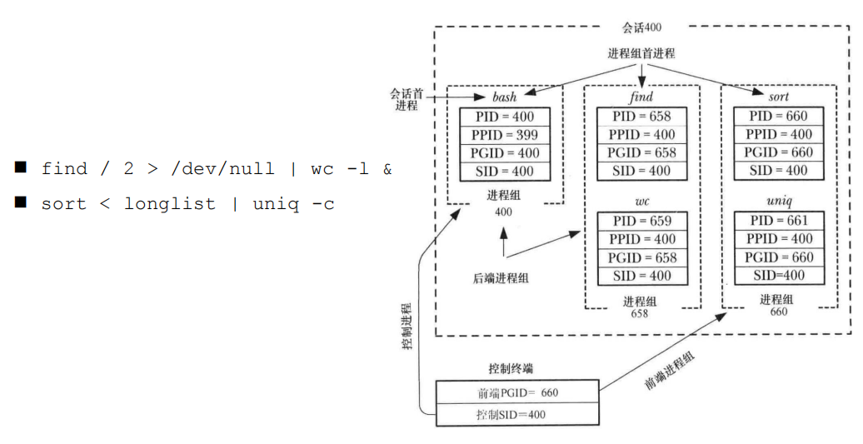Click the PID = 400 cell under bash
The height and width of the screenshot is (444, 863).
pos(505,117)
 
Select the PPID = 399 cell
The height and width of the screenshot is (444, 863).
pos(505,135)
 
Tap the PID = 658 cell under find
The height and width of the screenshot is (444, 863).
pos(641,117)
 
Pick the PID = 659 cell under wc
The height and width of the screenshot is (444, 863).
pos(641,222)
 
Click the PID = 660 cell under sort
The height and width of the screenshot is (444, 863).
pos(778,117)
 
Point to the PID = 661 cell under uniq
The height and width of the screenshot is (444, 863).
pos(778,222)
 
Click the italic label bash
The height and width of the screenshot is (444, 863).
pos(505,97)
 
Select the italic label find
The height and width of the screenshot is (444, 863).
pos(641,97)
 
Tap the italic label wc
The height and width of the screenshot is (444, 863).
pos(641,202)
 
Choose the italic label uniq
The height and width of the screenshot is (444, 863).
pos(778,202)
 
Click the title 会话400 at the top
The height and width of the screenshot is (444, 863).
pos(641,27)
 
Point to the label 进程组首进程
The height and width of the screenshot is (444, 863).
pos(641,53)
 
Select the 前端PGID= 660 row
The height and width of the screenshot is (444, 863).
pos(516,392)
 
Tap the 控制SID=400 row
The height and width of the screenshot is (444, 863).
pos(516,414)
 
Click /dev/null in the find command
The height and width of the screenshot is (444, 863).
pos(222,169)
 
